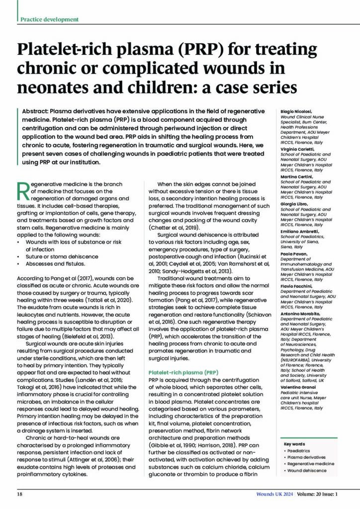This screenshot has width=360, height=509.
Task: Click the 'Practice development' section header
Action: [49, 19]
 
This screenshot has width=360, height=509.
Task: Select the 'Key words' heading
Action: [294, 444]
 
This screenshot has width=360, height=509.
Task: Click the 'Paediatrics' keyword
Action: [301, 450]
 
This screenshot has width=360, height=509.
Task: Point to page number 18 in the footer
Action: [20, 494]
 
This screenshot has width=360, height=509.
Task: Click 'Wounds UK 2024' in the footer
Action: [274, 494]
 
